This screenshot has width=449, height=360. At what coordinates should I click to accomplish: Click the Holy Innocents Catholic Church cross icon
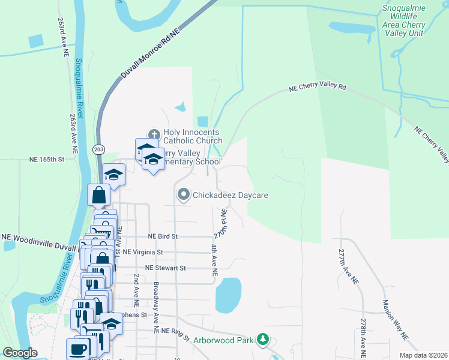[x=154, y=134]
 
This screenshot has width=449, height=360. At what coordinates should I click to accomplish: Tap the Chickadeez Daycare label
[x=229, y=195]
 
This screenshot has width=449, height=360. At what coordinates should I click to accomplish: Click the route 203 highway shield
[x=98, y=149]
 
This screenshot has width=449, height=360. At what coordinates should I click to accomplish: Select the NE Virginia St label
[x=142, y=253]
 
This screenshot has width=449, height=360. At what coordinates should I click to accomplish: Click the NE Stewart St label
[x=166, y=268]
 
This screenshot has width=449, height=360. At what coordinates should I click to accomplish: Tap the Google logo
[x=20, y=353]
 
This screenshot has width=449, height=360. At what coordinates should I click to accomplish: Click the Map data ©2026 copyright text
[x=423, y=355]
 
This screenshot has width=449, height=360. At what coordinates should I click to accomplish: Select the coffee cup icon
[x=77, y=349]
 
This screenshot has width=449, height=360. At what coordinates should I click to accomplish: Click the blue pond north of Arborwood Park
[x=228, y=295]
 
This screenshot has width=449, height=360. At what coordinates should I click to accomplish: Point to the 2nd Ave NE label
[x=136, y=287]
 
